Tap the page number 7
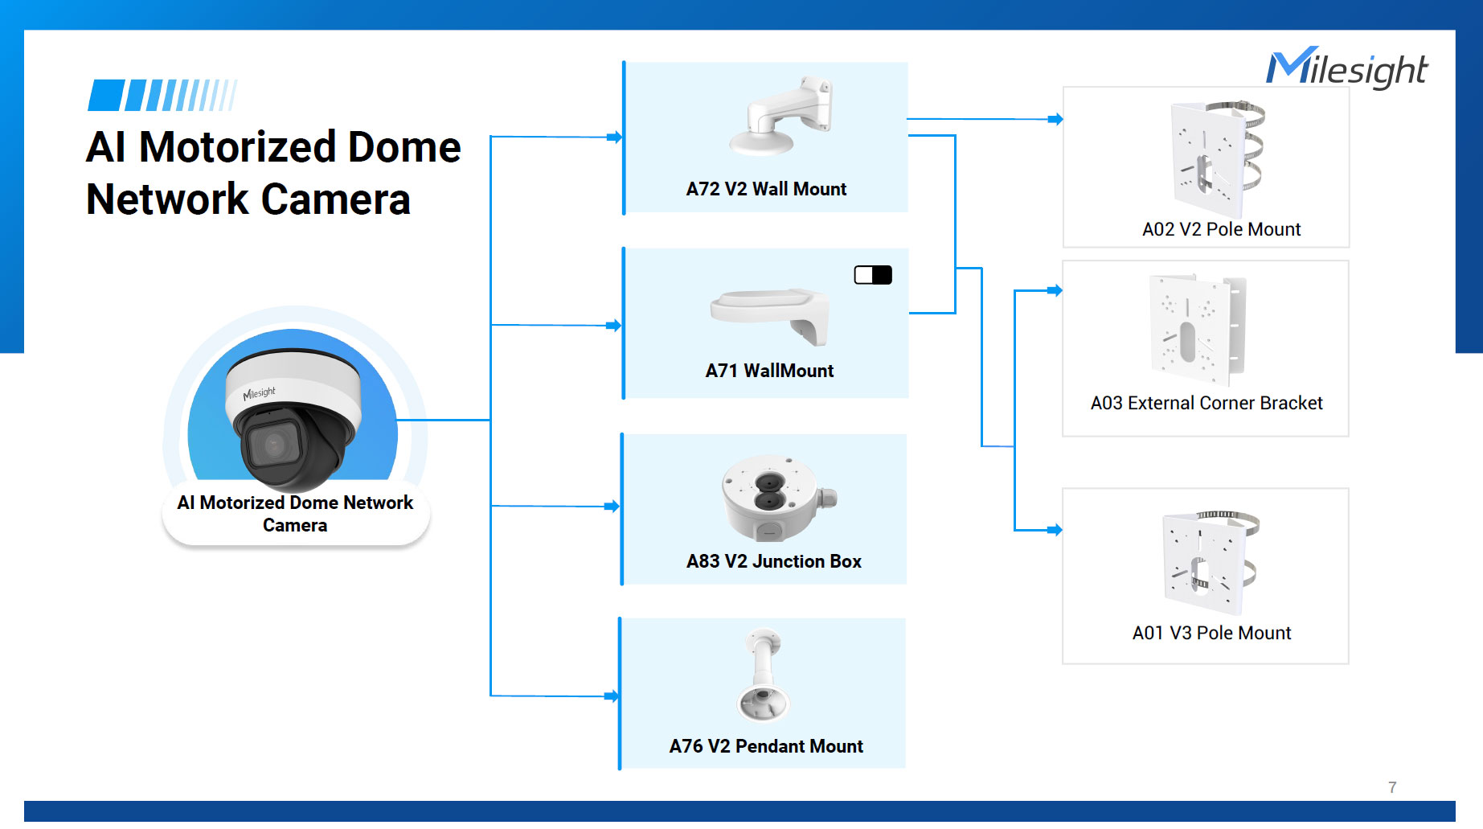point(1392,787)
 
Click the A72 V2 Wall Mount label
point(766,189)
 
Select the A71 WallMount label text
point(769,371)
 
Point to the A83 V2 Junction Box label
point(773,561)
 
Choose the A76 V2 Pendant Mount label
point(766,746)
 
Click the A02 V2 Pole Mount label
point(1221,229)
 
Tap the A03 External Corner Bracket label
point(1206,403)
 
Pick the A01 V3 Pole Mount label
point(1211,633)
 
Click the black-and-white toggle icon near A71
point(873,275)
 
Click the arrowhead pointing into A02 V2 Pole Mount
point(1056,119)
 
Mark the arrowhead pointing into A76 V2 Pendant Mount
point(612,696)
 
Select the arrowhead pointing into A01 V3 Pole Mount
point(1055,530)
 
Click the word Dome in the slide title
point(393,147)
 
